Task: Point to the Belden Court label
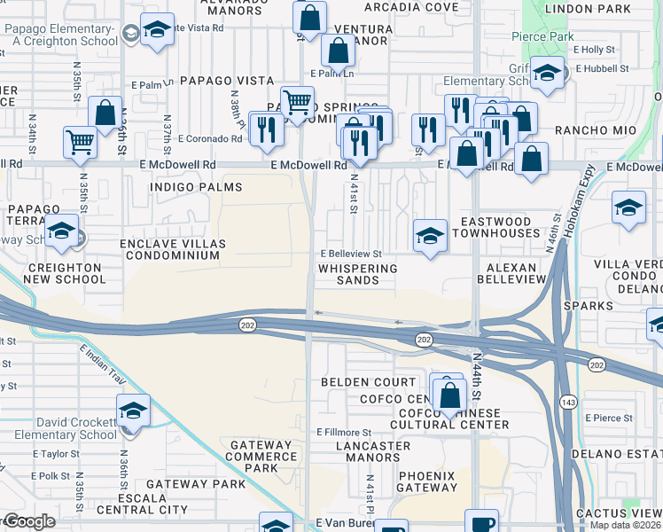click(369, 382)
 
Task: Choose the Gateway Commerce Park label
click(261, 457)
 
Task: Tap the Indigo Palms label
click(183, 187)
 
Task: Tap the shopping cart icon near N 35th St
click(80, 141)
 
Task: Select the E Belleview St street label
click(351, 253)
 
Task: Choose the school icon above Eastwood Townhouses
click(430, 237)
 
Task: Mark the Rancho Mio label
click(583, 130)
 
